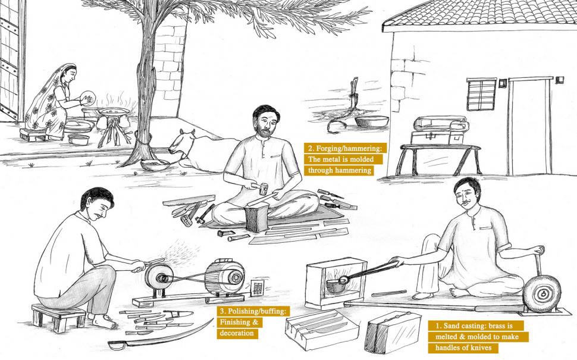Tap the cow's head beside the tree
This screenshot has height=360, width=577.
(180, 143)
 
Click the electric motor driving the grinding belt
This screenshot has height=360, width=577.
(225, 276)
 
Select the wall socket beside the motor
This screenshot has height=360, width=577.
(257, 287)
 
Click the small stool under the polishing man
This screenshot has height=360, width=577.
(58, 317)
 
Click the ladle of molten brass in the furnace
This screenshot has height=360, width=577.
(336, 284)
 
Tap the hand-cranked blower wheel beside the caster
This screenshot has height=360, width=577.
(542, 293)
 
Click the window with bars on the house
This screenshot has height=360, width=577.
(481, 94)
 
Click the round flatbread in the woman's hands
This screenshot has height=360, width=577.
(88, 98)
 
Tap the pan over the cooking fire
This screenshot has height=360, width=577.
(114, 111)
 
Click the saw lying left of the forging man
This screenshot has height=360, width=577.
(189, 200)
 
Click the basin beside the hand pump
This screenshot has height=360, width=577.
(371, 121)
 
